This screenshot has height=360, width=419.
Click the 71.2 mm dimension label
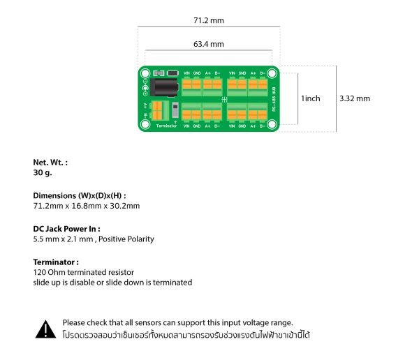click(x=209, y=21)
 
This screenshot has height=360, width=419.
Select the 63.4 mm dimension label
click(x=209, y=44)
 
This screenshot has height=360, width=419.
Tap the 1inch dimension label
click(x=310, y=98)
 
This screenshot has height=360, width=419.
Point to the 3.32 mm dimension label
click(x=354, y=98)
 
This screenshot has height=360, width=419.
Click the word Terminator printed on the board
click(x=167, y=126)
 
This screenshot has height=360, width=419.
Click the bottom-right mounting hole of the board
click(x=272, y=124)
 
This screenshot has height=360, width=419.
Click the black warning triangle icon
click(x=45, y=329)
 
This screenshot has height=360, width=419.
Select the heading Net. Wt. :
click(x=50, y=163)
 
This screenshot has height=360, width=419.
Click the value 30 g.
click(x=43, y=172)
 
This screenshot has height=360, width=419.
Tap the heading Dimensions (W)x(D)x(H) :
click(x=80, y=196)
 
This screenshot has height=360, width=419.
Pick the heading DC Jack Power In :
click(x=66, y=228)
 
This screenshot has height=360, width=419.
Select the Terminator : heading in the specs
click(x=56, y=262)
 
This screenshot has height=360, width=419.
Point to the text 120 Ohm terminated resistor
click(x=83, y=272)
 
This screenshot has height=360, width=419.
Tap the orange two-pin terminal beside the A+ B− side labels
click(x=156, y=110)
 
